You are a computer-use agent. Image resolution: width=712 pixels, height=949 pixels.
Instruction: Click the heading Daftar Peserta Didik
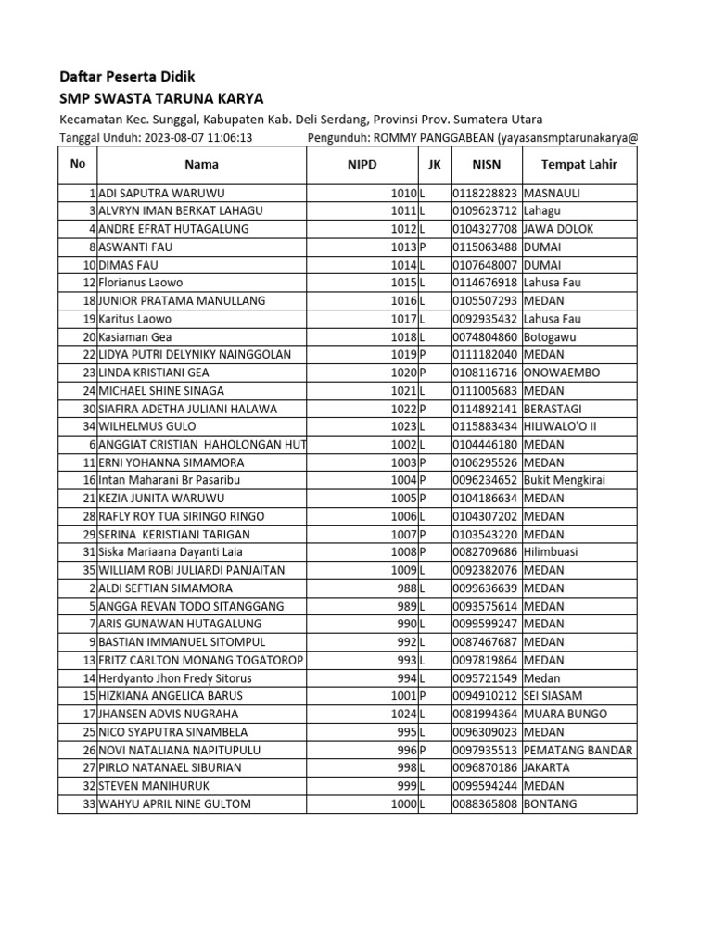(x=127, y=76)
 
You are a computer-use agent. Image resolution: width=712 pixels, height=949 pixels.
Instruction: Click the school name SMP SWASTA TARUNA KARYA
(x=161, y=98)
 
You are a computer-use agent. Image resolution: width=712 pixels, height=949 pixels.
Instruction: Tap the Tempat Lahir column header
(x=578, y=165)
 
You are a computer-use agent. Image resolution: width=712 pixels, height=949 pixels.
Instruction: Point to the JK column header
(x=435, y=165)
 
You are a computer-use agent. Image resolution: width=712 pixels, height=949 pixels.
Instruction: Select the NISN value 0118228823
(x=486, y=193)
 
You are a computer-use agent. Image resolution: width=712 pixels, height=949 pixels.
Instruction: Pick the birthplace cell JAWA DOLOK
(x=559, y=229)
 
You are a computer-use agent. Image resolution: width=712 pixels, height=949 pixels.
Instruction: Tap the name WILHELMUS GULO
(x=146, y=426)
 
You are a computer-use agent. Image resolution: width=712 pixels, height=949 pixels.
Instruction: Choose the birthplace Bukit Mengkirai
(x=567, y=480)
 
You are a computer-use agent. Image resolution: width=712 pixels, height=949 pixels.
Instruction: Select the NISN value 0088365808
(x=486, y=803)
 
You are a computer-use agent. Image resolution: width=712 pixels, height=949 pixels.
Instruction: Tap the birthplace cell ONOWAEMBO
(x=562, y=373)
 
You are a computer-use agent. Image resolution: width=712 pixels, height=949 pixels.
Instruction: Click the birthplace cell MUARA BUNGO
(x=566, y=714)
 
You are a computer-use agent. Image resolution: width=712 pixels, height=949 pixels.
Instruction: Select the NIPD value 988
(x=407, y=588)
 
